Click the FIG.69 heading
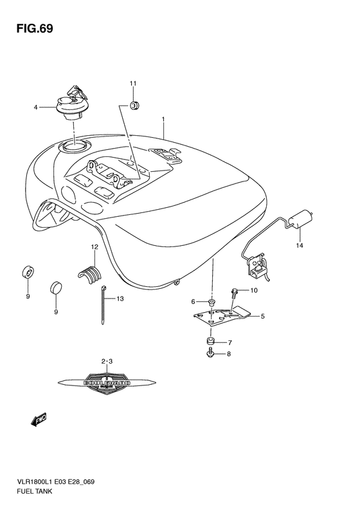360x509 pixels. click(x=30, y=29)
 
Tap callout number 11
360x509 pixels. click(x=133, y=84)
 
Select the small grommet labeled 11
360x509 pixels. click(x=135, y=105)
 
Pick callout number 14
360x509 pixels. click(x=298, y=245)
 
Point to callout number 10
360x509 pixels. click(x=253, y=290)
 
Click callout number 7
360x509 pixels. click(x=229, y=342)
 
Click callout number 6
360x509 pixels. click(x=193, y=301)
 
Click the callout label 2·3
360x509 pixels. click(x=107, y=362)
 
